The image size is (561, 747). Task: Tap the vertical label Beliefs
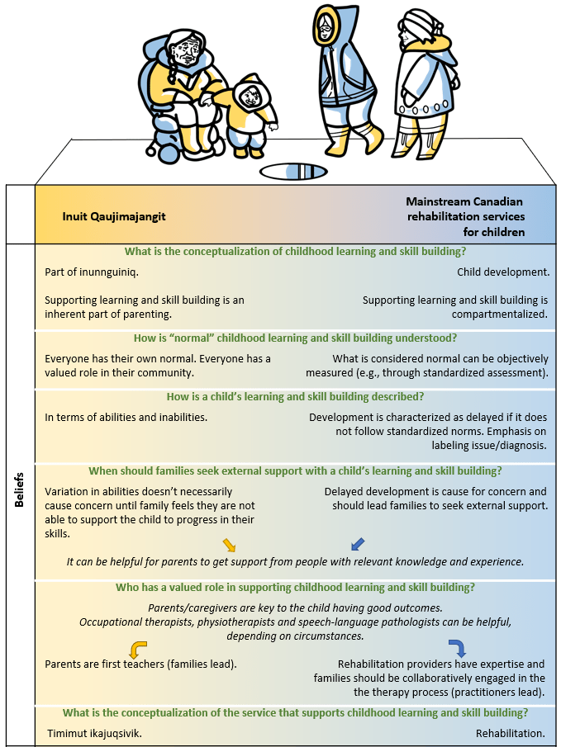(19, 489)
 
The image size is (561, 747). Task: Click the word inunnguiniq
(116, 272)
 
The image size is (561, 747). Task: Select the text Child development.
(502, 272)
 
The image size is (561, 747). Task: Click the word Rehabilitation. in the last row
(510, 732)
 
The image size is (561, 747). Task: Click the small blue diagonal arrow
(357, 544)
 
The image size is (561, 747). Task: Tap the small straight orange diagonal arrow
(230, 544)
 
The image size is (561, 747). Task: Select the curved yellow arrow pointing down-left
(140, 648)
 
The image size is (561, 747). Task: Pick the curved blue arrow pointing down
(456, 647)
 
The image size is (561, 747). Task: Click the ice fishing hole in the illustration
(294, 172)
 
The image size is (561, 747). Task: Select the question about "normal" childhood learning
(295, 338)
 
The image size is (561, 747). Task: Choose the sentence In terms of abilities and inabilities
(126, 417)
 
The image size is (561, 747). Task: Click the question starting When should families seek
(295, 470)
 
